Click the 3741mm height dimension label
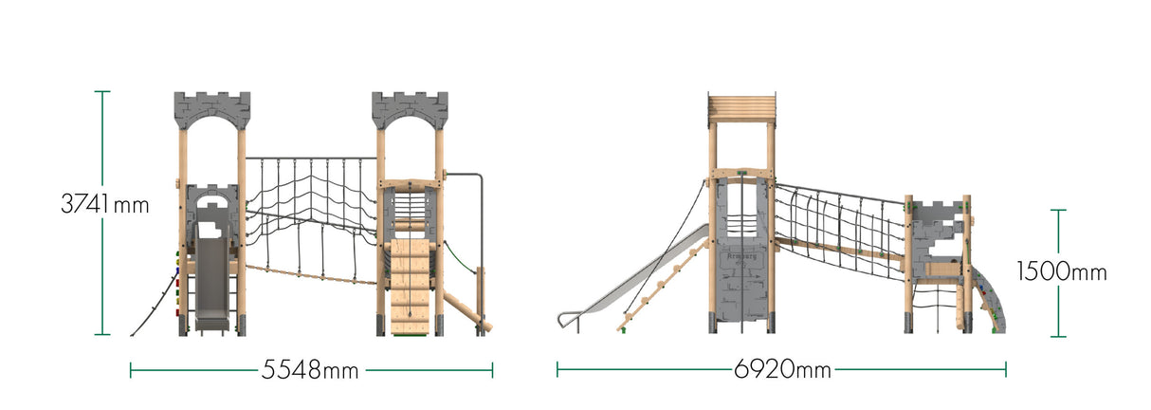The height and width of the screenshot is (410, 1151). click(x=105, y=203)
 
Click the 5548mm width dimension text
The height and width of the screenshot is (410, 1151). click(x=310, y=370)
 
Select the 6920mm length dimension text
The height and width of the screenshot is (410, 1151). click(x=782, y=370)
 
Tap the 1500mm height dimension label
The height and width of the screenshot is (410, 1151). click(x=1061, y=272)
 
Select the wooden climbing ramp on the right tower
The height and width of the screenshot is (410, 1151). click(x=410, y=282)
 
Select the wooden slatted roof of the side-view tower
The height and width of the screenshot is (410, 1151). click(x=741, y=108)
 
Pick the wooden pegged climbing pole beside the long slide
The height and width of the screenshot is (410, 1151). click(x=664, y=285)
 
